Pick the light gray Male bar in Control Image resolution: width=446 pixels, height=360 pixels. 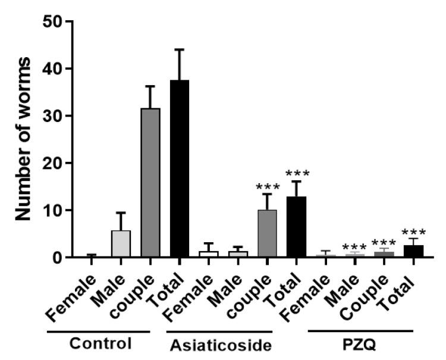[121, 244]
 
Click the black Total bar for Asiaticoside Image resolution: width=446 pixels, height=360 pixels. [296, 227]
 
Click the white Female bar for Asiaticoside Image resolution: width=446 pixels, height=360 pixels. [209, 254]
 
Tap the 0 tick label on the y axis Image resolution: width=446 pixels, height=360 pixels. [59, 258]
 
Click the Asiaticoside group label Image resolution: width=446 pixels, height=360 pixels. [219, 345]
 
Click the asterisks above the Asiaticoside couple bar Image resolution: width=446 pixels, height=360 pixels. [267, 186]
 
